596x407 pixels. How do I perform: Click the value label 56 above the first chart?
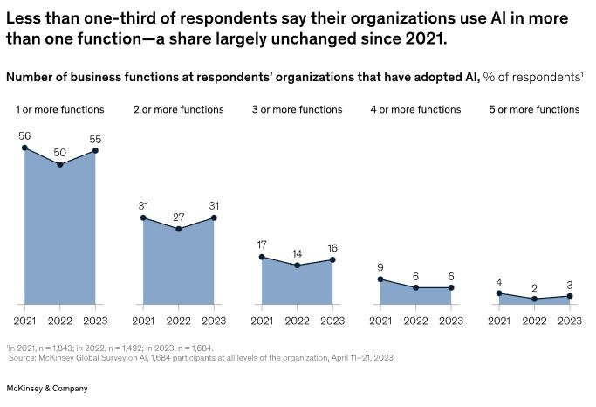click(x=24, y=136)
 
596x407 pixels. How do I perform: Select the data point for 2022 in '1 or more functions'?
click(x=59, y=164)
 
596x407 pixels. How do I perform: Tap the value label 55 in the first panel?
click(x=95, y=139)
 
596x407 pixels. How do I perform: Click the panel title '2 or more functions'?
click(x=178, y=109)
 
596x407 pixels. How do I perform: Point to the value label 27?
click(x=178, y=217)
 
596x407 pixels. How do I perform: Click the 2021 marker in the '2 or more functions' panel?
click(x=143, y=217)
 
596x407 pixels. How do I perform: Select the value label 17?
click(x=262, y=245)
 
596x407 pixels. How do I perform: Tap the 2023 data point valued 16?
click(x=332, y=260)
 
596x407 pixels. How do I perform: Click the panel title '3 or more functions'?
click(x=297, y=109)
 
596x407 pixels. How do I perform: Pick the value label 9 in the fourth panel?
click(x=380, y=267)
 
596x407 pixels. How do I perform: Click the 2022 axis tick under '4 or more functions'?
click(x=415, y=321)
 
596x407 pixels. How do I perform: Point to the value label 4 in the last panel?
click(x=499, y=281)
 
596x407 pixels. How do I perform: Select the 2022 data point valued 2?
click(x=534, y=299)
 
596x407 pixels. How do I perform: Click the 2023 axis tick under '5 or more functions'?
click(x=569, y=321)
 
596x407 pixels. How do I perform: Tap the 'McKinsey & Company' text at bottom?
click(x=47, y=388)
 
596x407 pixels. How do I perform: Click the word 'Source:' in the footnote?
click(x=24, y=357)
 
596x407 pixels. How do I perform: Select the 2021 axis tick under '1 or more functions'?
click(x=24, y=321)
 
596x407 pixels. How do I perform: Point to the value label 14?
click(x=297, y=253)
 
